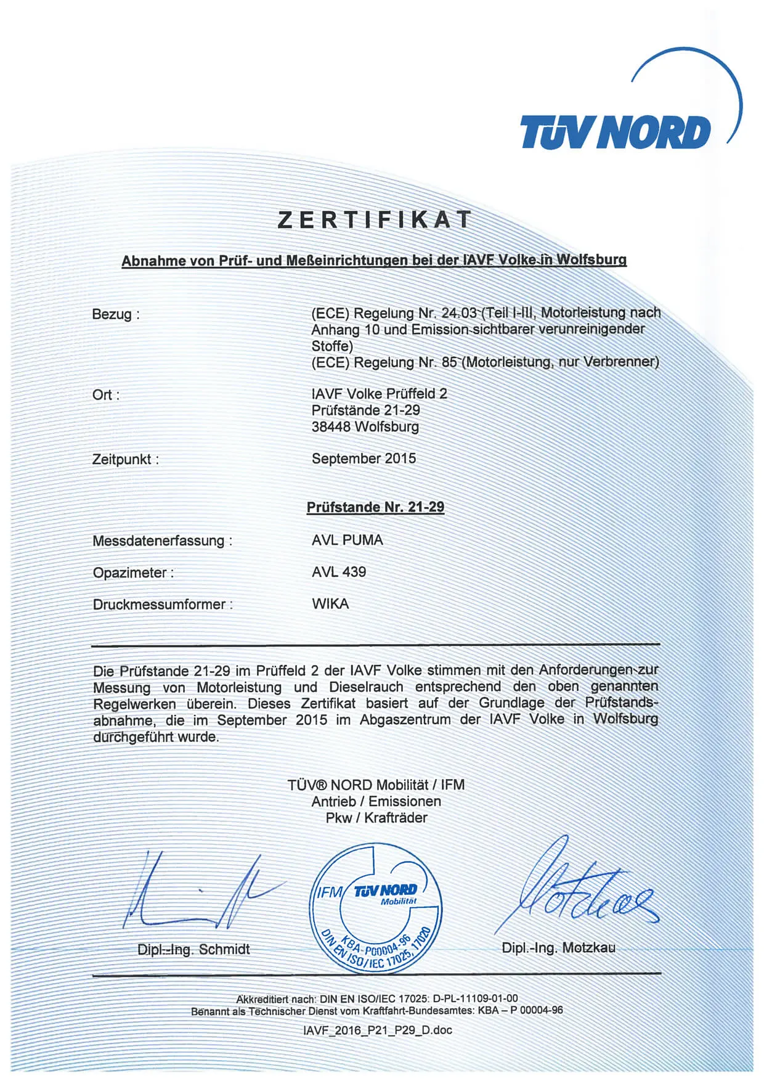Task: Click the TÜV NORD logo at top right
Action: point(616,132)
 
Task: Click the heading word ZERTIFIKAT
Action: point(375,220)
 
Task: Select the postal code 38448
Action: point(331,426)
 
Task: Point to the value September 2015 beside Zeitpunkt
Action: point(364,459)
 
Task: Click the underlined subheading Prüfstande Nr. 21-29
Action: point(375,507)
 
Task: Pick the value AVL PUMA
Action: point(347,540)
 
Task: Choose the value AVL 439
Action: point(338,572)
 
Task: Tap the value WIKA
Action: point(330,604)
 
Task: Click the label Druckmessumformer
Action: point(162,605)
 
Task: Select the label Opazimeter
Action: point(132,573)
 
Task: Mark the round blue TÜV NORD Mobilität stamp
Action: point(376,909)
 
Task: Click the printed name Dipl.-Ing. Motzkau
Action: point(558,948)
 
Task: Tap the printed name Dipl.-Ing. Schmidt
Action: point(193,950)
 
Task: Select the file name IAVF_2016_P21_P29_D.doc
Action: point(377,1030)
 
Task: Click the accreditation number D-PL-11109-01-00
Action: point(475,998)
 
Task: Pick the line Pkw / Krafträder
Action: point(376,818)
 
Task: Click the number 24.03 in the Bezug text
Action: point(459,313)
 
